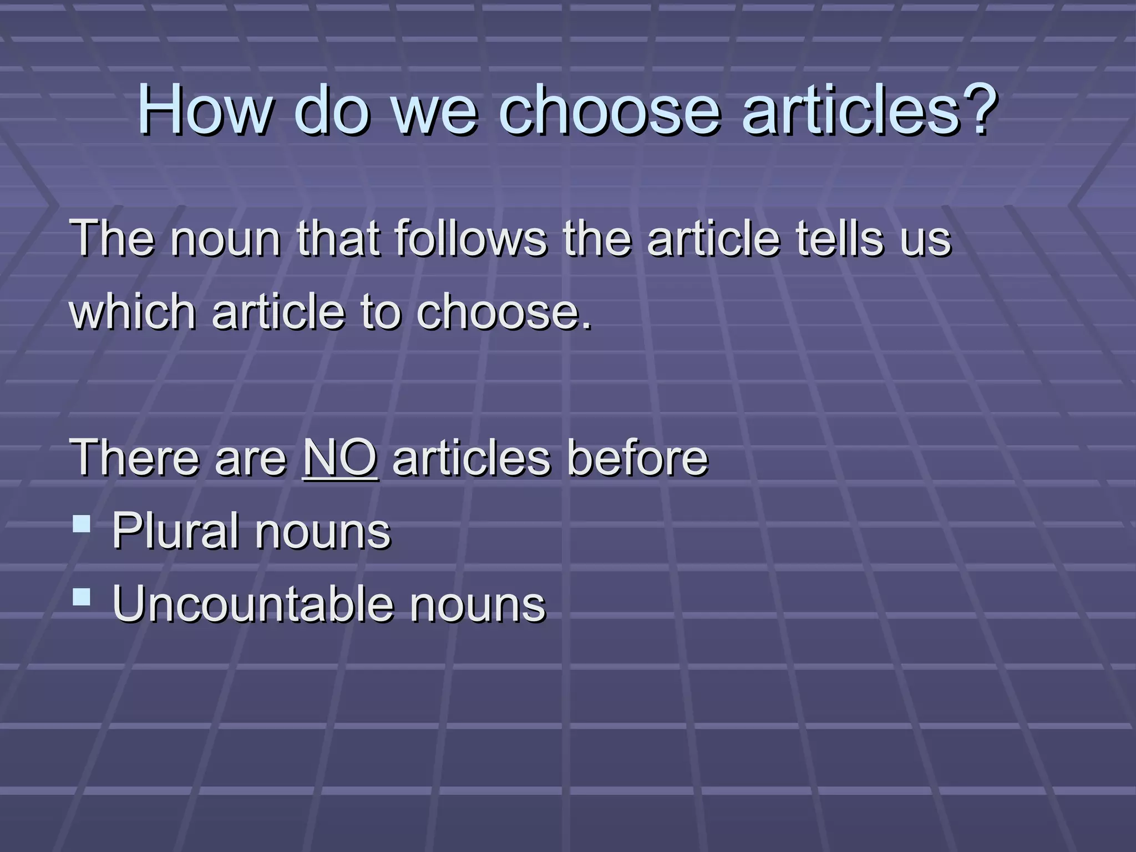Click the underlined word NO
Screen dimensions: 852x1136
pos(341,458)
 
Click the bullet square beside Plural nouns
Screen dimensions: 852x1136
pos(82,524)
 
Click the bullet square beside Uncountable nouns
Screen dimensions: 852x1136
pos(82,597)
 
